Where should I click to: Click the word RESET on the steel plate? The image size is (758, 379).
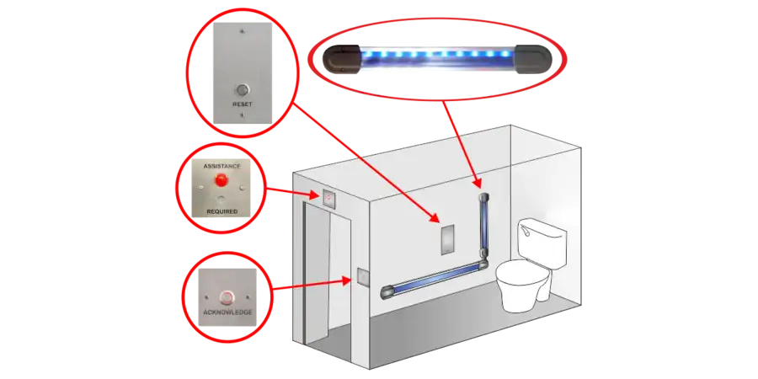point(243,104)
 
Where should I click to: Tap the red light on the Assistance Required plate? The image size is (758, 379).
point(222,180)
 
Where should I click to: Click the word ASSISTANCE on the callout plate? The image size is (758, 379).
point(222,166)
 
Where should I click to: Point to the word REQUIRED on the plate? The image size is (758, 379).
point(222,211)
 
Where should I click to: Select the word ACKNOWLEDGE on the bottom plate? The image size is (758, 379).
point(227,312)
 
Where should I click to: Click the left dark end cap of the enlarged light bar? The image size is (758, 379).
point(341,58)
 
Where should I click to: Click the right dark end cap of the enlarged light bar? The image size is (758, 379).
point(533,60)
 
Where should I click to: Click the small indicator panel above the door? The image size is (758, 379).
point(329,198)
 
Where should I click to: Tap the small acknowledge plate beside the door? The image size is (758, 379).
point(362,276)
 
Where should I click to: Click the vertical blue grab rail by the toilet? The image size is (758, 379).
point(483,223)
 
